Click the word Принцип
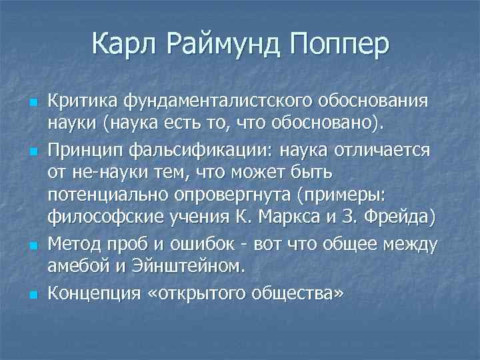[85, 151]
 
